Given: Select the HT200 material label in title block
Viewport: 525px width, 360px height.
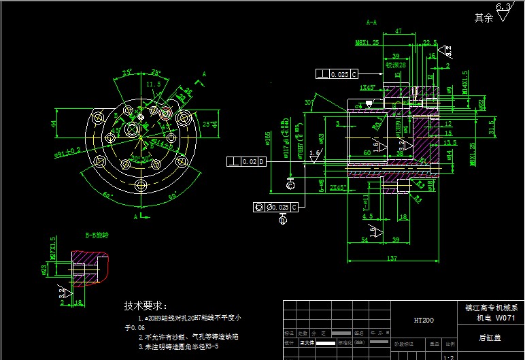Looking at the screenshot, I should click(424, 320).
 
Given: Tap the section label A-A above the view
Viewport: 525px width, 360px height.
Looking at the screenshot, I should click(371, 22).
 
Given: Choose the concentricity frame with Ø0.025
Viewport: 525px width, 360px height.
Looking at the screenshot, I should click(275, 207).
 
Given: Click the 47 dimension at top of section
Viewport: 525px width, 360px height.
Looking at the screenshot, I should click(398, 31).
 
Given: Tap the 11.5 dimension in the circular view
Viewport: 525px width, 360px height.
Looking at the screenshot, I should click(153, 84).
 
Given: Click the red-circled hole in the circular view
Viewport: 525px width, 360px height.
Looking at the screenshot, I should click(135, 128).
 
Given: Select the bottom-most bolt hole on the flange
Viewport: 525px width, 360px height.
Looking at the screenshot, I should click(141, 185).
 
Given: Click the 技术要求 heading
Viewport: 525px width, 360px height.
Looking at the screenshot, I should click(146, 306).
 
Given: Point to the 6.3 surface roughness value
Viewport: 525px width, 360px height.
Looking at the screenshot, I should click(503, 7).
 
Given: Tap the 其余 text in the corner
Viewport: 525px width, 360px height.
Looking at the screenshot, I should click(484, 18).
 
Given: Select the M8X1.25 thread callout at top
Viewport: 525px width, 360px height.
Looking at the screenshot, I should click(367, 42).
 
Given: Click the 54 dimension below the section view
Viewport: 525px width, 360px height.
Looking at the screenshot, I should click(364, 240).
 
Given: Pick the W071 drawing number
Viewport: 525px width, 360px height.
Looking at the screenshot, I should click(506, 317).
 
